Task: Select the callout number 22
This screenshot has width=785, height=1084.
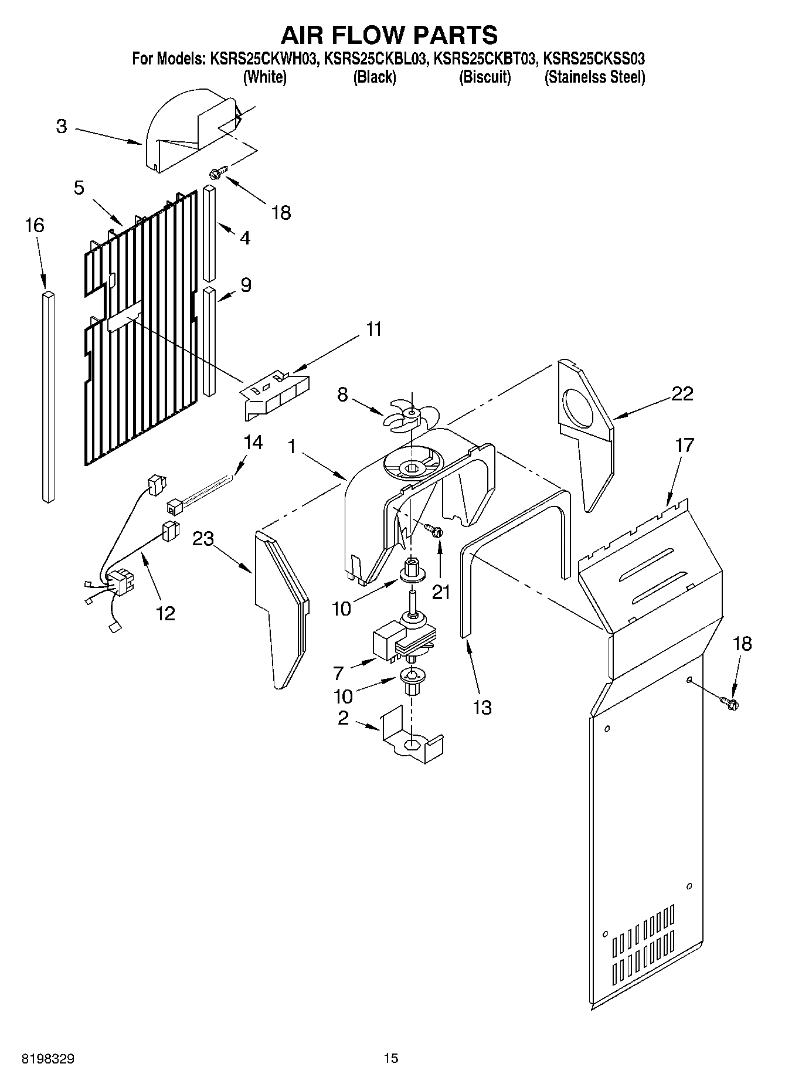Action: (x=682, y=393)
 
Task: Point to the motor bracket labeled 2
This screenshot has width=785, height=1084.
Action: (x=413, y=740)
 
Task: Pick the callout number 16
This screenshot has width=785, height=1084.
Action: (x=35, y=225)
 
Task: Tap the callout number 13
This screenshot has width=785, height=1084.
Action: (x=482, y=708)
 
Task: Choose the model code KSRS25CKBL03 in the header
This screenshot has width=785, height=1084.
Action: (x=375, y=59)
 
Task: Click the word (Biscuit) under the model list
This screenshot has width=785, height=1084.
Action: (x=484, y=77)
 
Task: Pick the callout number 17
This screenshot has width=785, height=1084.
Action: (x=684, y=445)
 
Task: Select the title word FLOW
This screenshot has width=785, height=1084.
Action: (x=390, y=35)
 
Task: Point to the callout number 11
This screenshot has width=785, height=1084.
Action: (x=373, y=329)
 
